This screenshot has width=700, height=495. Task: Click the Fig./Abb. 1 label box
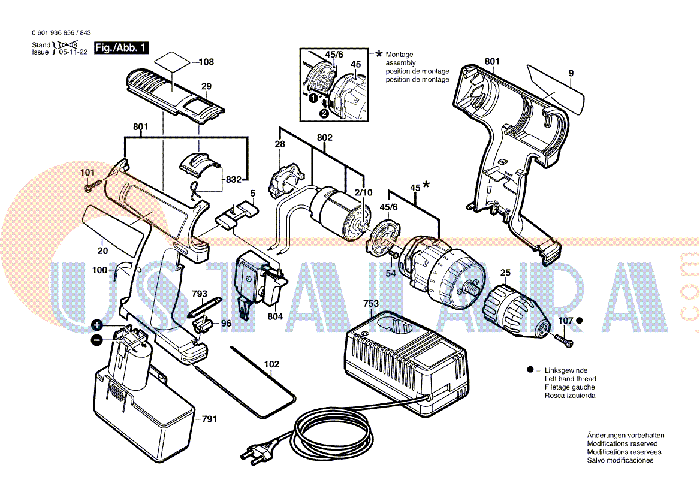click(x=121, y=48)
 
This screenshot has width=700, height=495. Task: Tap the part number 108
click(x=206, y=62)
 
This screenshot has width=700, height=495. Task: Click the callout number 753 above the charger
click(x=371, y=304)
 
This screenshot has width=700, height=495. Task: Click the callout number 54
click(x=391, y=273)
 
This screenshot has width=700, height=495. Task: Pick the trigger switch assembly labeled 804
click(x=258, y=285)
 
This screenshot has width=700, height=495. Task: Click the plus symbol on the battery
click(x=96, y=325)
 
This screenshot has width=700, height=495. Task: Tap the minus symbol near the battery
click(x=96, y=340)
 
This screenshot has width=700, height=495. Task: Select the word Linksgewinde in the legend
click(x=566, y=371)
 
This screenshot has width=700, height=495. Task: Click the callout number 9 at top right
click(x=571, y=73)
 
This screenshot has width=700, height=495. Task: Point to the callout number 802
click(x=324, y=138)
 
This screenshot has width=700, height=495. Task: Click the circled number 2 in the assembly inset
click(x=324, y=113)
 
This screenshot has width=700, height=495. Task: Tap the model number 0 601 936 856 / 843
click(x=61, y=33)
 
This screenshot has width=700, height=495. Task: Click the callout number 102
click(x=271, y=364)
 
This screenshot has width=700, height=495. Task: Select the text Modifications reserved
click(x=622, y=444)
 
